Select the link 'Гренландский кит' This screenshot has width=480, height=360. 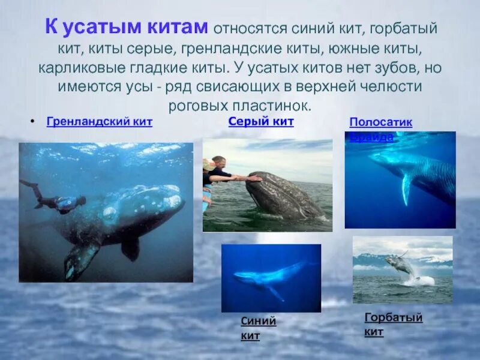pyautogui.click(x=99, y=122)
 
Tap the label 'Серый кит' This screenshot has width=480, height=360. pyautogui.click(x=261, y=122)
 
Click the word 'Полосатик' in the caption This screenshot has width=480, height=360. pyautogui.click(x=380, y=123)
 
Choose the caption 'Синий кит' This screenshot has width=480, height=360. pyautogui.click(x=259, y=328)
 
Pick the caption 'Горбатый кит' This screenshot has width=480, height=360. pyautogui.click(x=393, y=324)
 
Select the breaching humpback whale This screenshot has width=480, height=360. pyautogui.click(x=401, y=264)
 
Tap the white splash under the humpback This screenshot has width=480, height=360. pyautogui.click(x=424, y=280)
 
